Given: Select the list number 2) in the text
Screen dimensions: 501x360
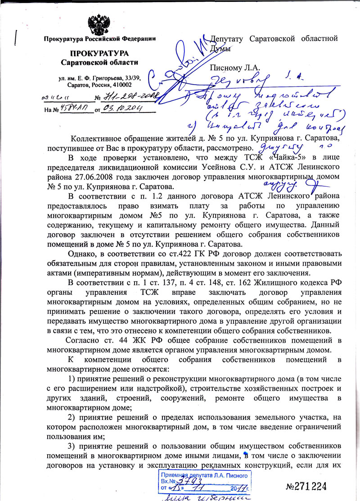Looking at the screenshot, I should click(x=71, y=417).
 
